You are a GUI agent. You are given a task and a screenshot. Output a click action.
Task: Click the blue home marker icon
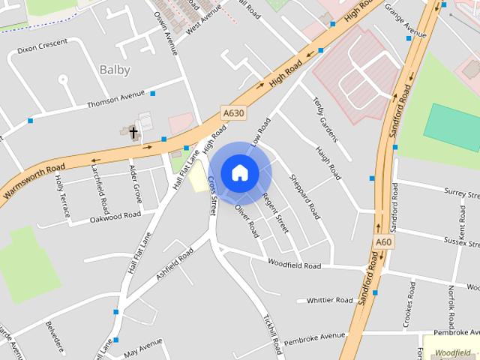point(239,172)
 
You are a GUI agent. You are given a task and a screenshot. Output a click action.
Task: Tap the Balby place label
point(115,70)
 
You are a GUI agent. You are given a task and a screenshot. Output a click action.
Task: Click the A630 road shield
point(232,113)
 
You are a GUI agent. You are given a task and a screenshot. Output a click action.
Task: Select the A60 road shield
point(382,242)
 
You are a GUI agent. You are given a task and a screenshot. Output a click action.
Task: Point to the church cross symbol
point(133,133)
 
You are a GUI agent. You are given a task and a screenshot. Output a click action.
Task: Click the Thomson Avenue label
point(115,99)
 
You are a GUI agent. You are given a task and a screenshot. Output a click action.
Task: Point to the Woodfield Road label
point(294,265)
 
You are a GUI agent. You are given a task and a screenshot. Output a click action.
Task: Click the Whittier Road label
point(329,300)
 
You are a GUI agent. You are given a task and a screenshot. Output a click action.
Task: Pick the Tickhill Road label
point(271,334)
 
